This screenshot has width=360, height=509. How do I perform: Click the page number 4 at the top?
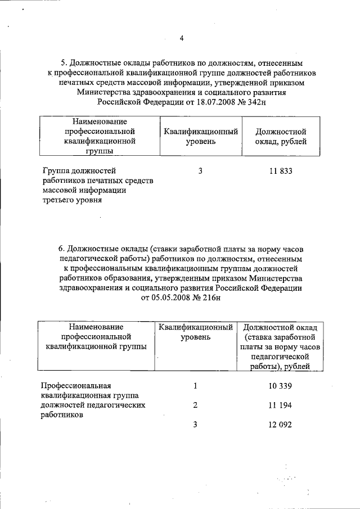(x=181, y=38)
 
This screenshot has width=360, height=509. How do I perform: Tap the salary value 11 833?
(x=281, y=171)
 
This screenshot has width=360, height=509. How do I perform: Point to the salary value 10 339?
(x=281, y=386)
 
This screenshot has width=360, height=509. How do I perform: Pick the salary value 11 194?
(x=281, y=405)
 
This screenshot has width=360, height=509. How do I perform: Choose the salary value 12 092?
(x=281, y=425)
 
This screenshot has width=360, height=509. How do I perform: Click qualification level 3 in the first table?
(x=200, y=171)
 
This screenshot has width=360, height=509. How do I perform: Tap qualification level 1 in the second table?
(x=195, y=386)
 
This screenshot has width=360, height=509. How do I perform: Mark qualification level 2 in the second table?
(x=195, y=405)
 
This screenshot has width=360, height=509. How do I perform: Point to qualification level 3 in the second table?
(x=195, y=425)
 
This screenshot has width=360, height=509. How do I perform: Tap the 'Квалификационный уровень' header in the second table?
(x=195, y=332)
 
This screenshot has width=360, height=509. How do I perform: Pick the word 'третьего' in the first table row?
(x=58, y=200)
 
